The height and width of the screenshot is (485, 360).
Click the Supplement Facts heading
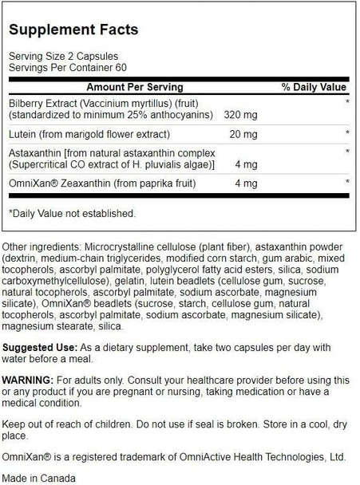coord(74,30)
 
